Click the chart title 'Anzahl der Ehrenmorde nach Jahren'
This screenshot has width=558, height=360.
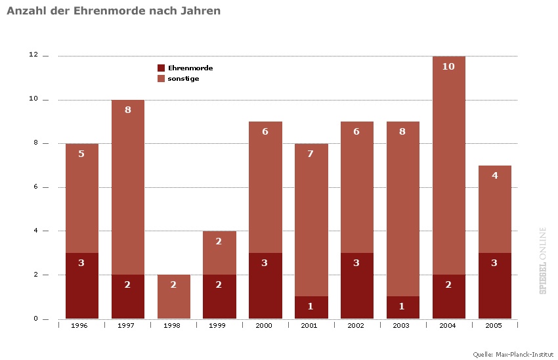114,11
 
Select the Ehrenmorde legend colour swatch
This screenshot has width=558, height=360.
161,68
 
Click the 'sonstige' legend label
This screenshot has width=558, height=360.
183,79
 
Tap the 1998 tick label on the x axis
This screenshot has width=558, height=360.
173,326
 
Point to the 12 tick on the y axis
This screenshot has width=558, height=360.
33,56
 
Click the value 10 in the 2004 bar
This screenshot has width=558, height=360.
448,66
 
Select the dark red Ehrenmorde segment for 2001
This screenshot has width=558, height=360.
311,307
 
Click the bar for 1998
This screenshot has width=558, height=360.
173,297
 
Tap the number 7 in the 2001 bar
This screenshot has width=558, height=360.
311,154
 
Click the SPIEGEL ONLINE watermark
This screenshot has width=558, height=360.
544,260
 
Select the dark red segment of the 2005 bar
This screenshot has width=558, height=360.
495,286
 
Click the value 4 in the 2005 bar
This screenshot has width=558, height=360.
495,175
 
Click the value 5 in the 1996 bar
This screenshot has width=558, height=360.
82,154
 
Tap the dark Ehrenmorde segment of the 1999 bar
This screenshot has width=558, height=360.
219,296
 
